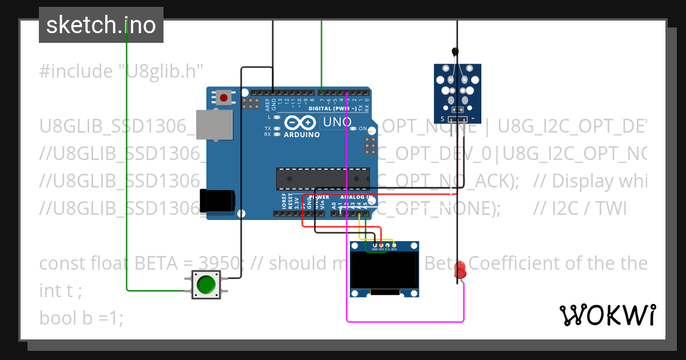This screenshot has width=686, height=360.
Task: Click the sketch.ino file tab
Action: pyautogui.click(x=101, y=25)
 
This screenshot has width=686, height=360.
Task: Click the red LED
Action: pyautogui.click(x=460, y=270)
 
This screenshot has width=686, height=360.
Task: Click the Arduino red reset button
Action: pyautogui.click(x=224, y=98)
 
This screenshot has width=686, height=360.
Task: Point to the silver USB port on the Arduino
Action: pyautogui.click(x=214, y=125)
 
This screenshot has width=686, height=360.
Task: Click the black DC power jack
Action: pyautogui.click(x=217, y=200)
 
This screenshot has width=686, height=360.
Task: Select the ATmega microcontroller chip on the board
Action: pyautogui.click(x=323, y=178)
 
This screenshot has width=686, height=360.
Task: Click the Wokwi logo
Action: pyautogui.click(x=607, y=315)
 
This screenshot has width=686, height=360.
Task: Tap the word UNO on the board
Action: pyautogui.click(x=337, y=122)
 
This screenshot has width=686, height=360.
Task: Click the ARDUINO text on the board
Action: pyautogui.click(x=301, y=135)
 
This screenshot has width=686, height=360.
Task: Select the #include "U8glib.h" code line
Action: pyautogui.click(x=122, y=71)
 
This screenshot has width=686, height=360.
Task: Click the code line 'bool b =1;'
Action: pyautogui.click(x=81, y=318)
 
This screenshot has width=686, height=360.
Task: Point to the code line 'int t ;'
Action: pyautogui.click(x=61, y=291)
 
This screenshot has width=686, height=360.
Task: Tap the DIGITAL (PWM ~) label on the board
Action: pyautogui.click(x=332, y=108)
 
